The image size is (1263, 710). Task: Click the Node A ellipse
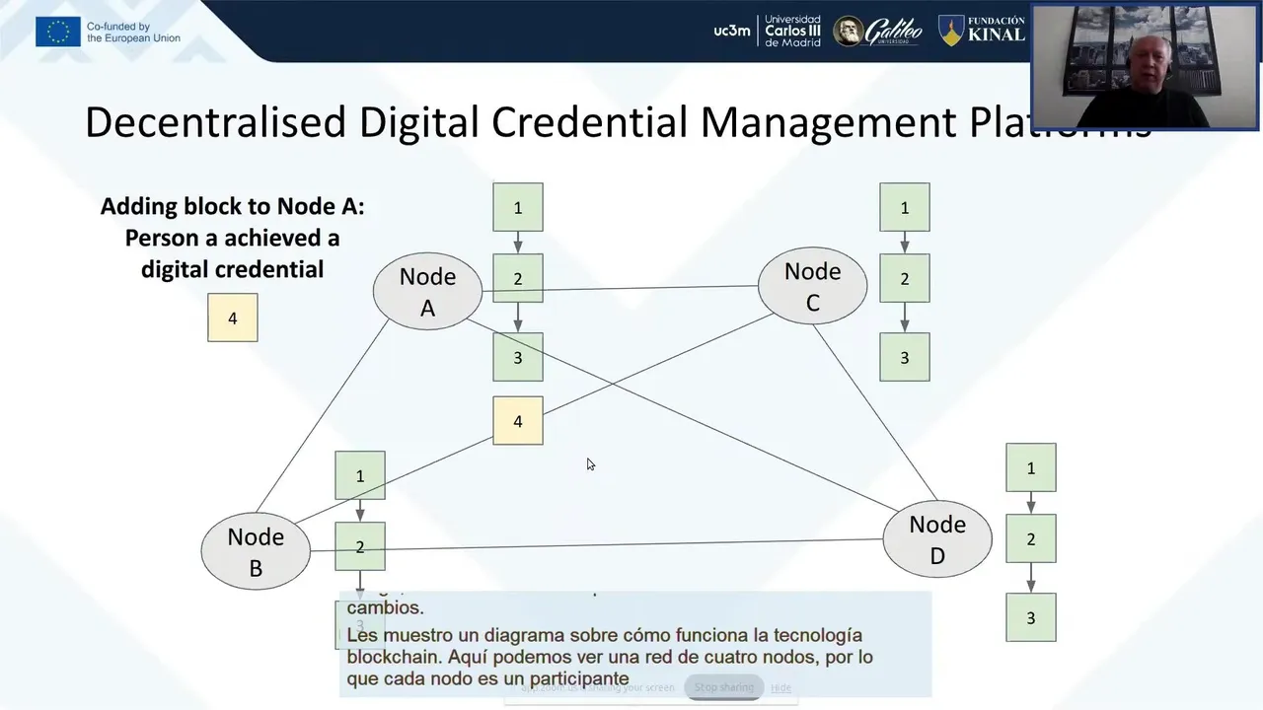pos(427,292)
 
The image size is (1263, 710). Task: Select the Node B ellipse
pos(256,552)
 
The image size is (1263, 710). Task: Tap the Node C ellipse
pos(812,286)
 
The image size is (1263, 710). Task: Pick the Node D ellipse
pos(936,539)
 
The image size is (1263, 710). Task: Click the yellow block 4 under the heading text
pos(233,318)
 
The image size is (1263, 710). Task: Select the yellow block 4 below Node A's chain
pos(518,421)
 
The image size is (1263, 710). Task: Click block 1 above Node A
pos(518,207)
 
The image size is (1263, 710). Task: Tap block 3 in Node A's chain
pos(518,357)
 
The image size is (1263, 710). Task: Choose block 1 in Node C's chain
pos(905,207)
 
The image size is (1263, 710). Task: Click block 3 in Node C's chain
pos(905,357)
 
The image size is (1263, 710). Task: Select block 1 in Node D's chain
pos(1031,467)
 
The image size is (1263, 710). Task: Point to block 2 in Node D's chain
pos(1031,538)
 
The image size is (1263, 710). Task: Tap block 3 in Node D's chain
pos(1031,617)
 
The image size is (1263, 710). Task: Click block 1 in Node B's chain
pos(360,475)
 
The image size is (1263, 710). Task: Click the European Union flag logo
pos(58,32)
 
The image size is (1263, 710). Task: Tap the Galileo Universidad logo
pos(878,32)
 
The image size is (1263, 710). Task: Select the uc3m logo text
pos(732,31)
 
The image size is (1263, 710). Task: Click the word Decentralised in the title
pos(215,121)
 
